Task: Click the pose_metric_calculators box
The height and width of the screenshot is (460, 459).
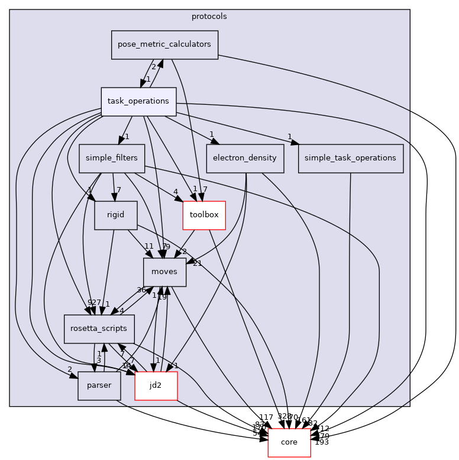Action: pos(164,45)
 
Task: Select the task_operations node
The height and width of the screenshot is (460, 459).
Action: pos(138,101)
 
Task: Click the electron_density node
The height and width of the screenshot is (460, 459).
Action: pos(245,158)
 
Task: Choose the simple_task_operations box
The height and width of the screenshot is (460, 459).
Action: pos(351,158)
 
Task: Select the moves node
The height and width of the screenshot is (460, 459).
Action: pos(164,272)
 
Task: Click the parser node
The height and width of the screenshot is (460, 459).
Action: pos(99,386)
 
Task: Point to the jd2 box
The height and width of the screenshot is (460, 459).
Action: pos(156,386)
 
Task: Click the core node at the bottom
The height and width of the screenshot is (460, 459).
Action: pos(289,443)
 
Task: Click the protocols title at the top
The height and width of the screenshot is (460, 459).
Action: pos(209,16)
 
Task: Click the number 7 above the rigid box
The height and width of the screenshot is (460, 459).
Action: pos(119,190)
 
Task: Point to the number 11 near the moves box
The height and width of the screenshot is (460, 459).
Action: pos(148,246)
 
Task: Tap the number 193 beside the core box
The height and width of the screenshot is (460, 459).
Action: pos(322,442)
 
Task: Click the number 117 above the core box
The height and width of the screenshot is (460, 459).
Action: pos(266,417)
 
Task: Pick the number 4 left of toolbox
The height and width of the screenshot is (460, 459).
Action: pos(175,191)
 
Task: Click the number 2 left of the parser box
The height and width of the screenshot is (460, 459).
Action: pos(70,369)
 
